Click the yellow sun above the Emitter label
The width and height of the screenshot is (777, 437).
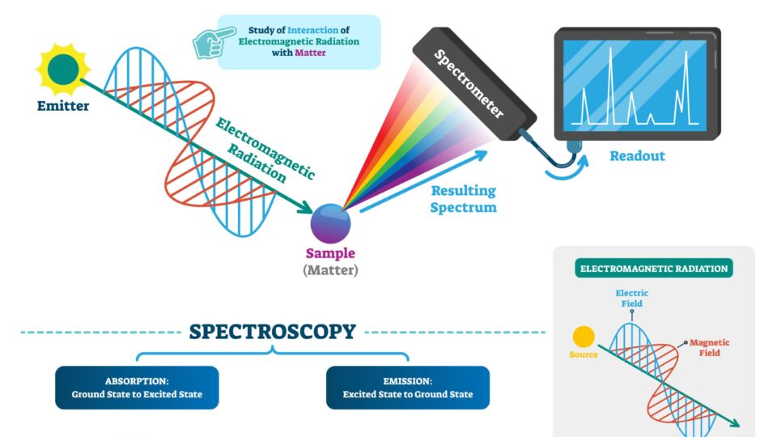pos(62,70)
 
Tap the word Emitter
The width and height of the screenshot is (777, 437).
pos(63,106)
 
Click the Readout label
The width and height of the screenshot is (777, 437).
pos(637,155)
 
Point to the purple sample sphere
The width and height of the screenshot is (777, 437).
pos(330,222)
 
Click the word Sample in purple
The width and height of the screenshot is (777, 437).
pos(330,253)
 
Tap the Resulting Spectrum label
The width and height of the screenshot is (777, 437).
pos(463,199)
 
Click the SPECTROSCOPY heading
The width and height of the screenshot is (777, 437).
pos(272,332)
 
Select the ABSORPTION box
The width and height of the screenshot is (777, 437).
pos(137,388)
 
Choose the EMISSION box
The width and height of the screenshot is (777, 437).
pos(407,388)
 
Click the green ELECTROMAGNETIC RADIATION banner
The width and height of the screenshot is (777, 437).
pos(652,269)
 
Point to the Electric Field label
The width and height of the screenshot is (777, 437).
pos(632,298)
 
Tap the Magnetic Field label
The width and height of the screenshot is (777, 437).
pos(709,348)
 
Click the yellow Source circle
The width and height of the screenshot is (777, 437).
pos(583,337)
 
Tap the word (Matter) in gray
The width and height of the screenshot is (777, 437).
pos(330,270)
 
